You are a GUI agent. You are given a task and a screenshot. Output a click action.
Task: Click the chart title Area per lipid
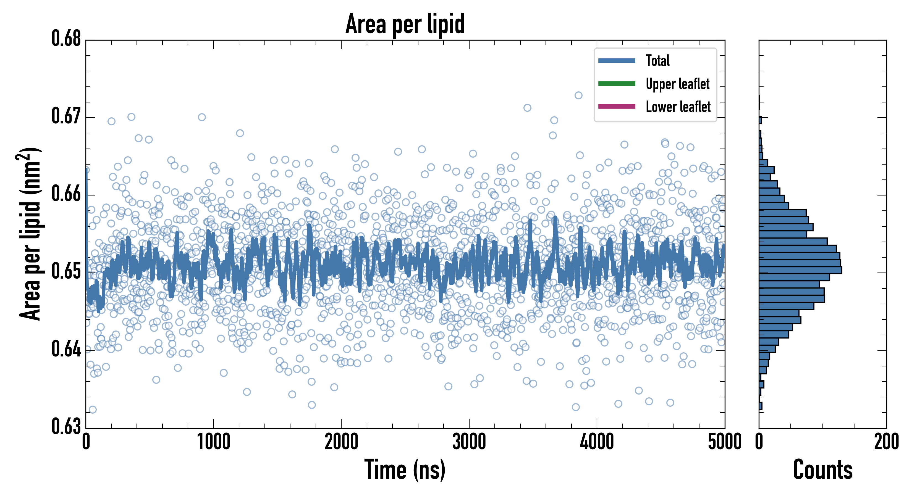405,24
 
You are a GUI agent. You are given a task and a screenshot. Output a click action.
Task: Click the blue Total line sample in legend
616,61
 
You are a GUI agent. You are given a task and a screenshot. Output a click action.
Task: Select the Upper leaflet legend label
677,84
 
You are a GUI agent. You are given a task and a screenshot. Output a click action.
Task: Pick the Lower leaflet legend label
678,107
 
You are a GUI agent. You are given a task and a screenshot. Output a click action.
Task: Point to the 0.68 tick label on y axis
66,39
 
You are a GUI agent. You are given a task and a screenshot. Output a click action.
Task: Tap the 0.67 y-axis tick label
66,116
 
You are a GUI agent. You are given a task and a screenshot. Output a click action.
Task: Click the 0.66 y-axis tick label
66,194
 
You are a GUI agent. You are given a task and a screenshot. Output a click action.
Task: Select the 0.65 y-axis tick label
66,271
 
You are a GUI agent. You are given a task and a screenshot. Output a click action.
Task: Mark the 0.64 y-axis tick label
66,349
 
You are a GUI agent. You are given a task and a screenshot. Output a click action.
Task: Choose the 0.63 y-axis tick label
66,426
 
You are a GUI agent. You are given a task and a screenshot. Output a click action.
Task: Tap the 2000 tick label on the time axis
341,442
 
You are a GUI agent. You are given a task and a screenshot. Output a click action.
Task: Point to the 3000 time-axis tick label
469,442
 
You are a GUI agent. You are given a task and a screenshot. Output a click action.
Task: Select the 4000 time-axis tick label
597,442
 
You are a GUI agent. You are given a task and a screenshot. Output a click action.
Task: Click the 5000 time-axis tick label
724,442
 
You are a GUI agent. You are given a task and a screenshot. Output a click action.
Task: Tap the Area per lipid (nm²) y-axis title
30,234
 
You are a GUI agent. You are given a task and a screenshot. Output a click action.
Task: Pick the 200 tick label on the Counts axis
886,442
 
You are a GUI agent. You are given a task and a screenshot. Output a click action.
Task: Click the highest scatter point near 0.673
578,95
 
